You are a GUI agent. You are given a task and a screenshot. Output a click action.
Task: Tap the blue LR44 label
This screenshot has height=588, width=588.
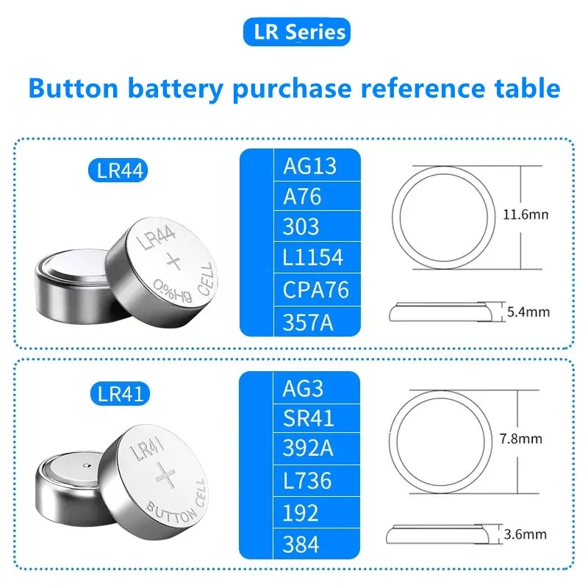(x=122, y=171)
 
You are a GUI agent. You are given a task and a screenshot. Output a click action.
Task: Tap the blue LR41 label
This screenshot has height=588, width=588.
(x=122, y=393)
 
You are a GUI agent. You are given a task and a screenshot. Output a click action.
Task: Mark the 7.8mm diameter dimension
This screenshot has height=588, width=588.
(x=520, y=439)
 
